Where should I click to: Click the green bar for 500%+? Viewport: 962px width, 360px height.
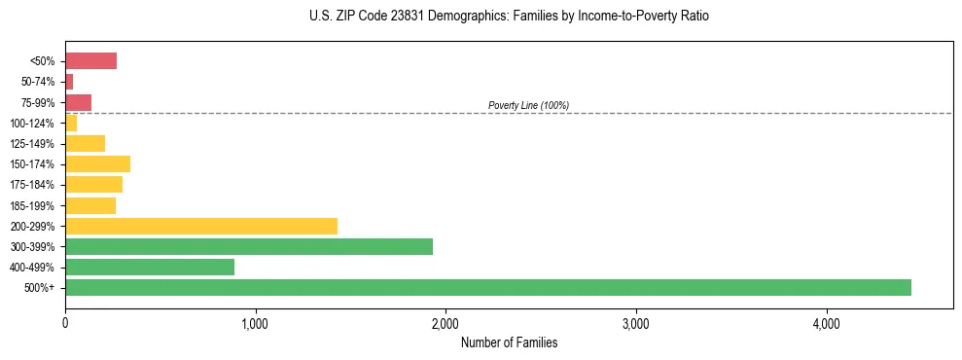tap(487, 287)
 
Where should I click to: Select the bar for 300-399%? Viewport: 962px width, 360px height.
tap(248, 246)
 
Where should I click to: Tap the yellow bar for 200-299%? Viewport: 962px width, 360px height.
tap(200, 226)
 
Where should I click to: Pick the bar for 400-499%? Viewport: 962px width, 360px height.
tap(149, 267)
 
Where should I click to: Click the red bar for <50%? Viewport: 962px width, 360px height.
tap(90, 61)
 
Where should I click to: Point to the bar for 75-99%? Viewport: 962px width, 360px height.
tap(78, 102)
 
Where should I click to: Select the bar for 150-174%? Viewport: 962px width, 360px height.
tap(97, 163)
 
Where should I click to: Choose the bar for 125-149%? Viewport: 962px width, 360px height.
tap(85, 143)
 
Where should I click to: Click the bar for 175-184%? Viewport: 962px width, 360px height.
tap(93, 184)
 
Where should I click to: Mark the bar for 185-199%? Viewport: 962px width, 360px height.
tap(90, 205)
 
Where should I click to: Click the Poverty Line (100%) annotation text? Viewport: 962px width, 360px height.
tap(528, 105)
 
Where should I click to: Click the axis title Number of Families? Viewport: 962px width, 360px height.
tap(509, 342)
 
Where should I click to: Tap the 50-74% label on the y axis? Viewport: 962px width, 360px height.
tap(38, 82)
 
